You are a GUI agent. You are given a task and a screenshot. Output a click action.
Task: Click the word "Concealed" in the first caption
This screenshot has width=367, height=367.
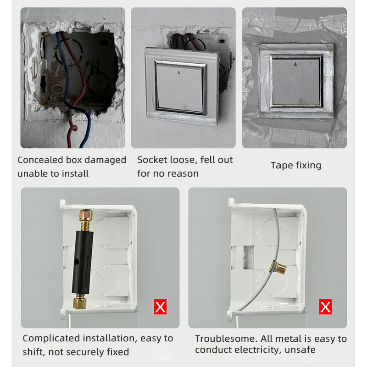[x=39, y=160]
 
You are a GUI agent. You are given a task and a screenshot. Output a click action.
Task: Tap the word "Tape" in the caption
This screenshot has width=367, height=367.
[x=281, y=166]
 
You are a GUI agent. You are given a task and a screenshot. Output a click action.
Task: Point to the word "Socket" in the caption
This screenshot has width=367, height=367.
[x=152, y=160]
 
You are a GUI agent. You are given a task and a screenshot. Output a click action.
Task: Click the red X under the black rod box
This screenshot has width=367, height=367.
[x=160, y=306]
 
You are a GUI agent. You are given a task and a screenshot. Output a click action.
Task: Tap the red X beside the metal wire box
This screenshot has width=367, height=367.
[x=325, y=306]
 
